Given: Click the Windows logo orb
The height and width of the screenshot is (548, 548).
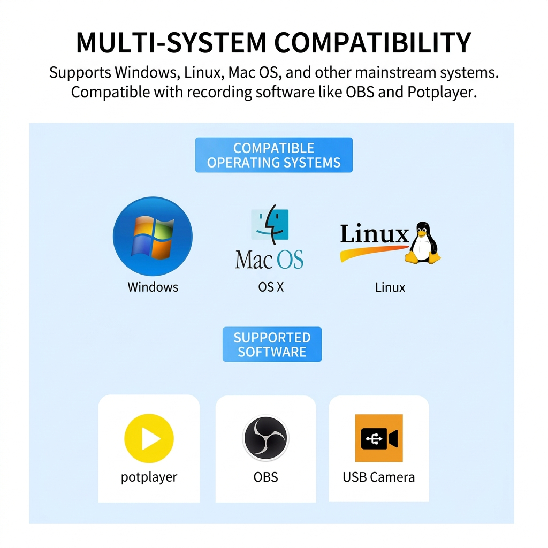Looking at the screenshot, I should (x=153, y=237).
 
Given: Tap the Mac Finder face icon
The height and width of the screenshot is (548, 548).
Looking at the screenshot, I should (x=270, y=224).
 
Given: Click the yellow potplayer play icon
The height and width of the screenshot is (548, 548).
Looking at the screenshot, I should (x=149, y=439).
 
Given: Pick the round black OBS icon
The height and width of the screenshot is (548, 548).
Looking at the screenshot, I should (x=265, y=439).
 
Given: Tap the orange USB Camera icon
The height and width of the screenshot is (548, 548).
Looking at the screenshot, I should (x=379, y=438).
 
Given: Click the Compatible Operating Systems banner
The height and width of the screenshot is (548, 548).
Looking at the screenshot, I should (x=273, y=155).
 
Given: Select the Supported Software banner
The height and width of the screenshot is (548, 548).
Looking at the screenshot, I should (x=272, y=345).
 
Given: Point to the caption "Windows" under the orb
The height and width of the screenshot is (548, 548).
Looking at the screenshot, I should (x=153, y=287).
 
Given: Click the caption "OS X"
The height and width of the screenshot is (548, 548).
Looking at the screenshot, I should (x=271, y=287).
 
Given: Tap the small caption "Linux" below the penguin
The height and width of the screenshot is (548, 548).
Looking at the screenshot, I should (x=390, y=287).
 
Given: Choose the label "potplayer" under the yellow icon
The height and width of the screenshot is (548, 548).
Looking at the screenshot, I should (x=149, y=477).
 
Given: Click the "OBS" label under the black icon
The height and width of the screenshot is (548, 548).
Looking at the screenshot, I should (x=265, y=477).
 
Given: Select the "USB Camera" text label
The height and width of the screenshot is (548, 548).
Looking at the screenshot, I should (x=378, y=477).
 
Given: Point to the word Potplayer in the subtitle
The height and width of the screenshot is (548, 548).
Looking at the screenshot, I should (x=441, y=92).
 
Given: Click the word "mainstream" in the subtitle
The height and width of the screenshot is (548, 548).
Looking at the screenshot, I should (x=393, y=72).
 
